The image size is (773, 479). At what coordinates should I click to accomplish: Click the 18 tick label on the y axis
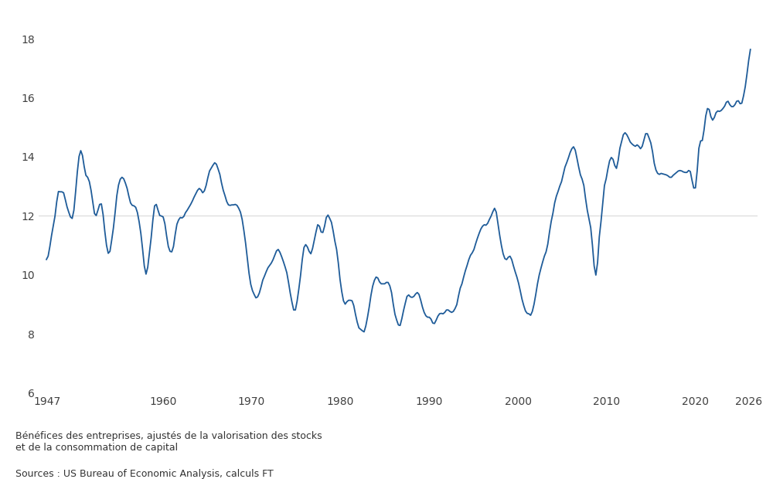pos(28,39)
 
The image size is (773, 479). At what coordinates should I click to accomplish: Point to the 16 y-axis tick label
pos(28,99)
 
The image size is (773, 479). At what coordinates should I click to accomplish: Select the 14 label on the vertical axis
pos(28,157)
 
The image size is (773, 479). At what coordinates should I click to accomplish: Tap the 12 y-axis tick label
pos(28,216)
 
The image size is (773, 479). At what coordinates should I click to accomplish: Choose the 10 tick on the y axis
pos(28,275)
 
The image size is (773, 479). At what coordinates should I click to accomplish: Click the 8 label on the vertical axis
pos(31,335)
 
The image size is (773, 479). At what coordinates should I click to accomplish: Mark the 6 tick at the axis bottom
pos(31,393)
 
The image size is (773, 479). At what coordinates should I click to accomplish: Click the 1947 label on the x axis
pos(47,402)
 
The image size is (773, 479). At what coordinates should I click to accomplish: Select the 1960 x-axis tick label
pos(163,402)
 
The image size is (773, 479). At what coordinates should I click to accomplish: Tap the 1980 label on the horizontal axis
pos(341,402)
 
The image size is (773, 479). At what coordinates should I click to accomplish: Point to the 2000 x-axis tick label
pos(518,402)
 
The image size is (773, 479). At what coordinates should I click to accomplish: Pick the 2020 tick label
pos(695,402)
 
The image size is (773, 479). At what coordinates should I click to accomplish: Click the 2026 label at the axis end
pos(748,402)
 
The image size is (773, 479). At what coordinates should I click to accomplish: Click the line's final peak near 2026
pos(751,49)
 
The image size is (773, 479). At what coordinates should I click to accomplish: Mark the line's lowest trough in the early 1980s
pos(364,331)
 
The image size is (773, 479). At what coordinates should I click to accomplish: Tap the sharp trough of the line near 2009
pos(595,275)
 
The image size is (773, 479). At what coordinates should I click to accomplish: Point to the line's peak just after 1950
pos(80,151)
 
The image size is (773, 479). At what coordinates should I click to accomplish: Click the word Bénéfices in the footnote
pos(39,436)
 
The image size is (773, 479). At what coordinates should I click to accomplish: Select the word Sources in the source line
pos(35,474)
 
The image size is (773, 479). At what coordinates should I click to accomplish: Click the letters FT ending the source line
pos(267,474)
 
